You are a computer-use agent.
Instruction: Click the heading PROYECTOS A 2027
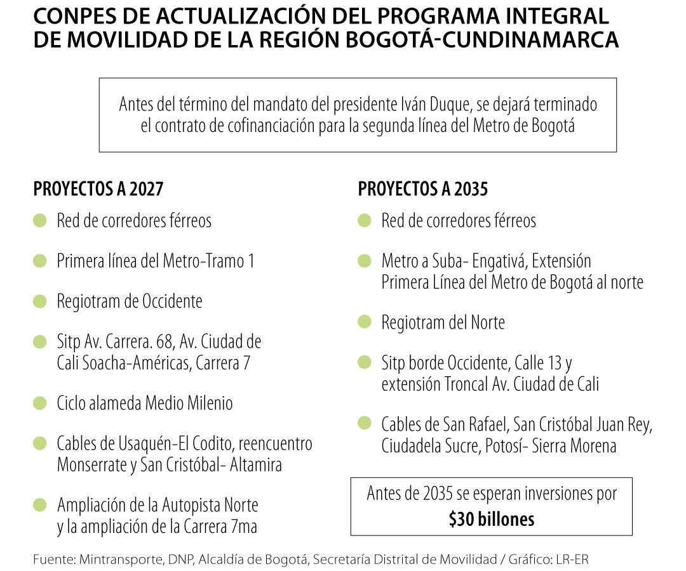(98, 189)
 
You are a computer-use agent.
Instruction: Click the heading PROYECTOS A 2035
(422, 189)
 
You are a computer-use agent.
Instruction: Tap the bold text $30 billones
(491, 520)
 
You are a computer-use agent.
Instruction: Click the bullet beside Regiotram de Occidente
(40, 301)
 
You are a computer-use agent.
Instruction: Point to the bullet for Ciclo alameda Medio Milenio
(40, 403)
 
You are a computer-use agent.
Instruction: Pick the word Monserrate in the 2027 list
(92, 465)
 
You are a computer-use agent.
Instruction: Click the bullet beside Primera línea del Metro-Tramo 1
(40, 261)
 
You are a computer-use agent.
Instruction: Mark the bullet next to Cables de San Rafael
(365, 423)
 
